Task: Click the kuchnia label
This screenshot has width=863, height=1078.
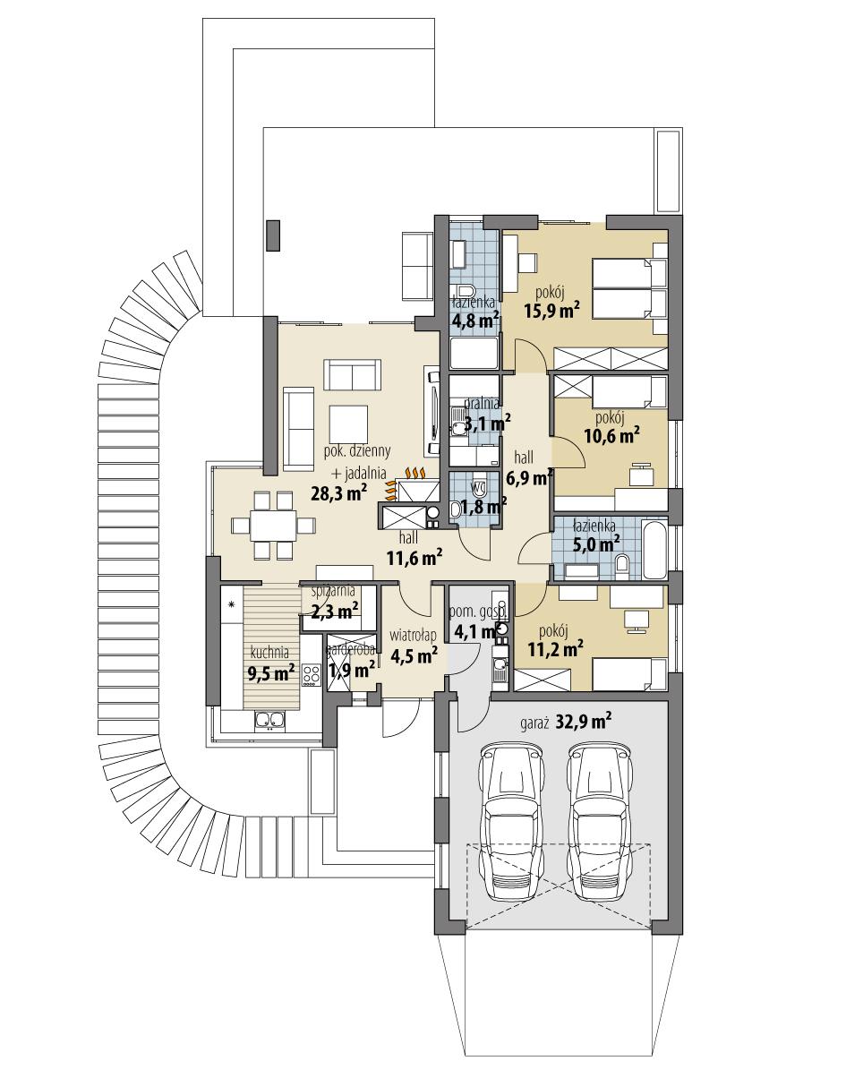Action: tap(269, 652)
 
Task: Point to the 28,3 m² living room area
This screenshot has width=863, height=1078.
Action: tap(338, 492)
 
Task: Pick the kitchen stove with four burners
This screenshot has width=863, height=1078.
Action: tap(312, 675)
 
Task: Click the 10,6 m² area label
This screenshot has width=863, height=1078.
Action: tap(611, 435)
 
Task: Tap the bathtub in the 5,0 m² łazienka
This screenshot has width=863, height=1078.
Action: tap(654, 549)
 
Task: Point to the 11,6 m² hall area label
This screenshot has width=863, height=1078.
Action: tap(414, 560)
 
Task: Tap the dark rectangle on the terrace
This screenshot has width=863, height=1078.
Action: tap(273, 235)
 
